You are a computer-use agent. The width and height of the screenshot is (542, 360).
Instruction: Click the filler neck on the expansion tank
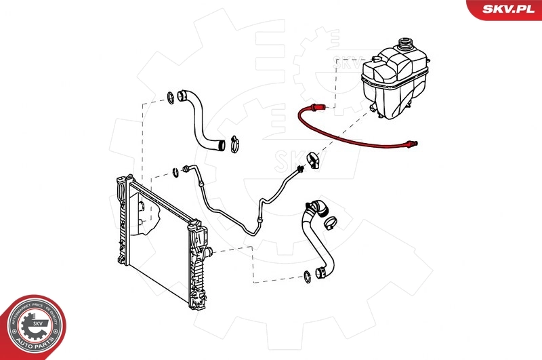coord(406,46)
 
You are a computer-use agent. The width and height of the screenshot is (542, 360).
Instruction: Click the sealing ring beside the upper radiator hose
coord(169,100)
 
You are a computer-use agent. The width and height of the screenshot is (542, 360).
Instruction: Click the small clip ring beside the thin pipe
coord(175,171)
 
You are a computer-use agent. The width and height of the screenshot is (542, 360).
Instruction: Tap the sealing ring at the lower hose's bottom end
coord(307,275)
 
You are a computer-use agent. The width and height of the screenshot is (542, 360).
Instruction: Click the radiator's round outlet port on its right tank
coord(210,252)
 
